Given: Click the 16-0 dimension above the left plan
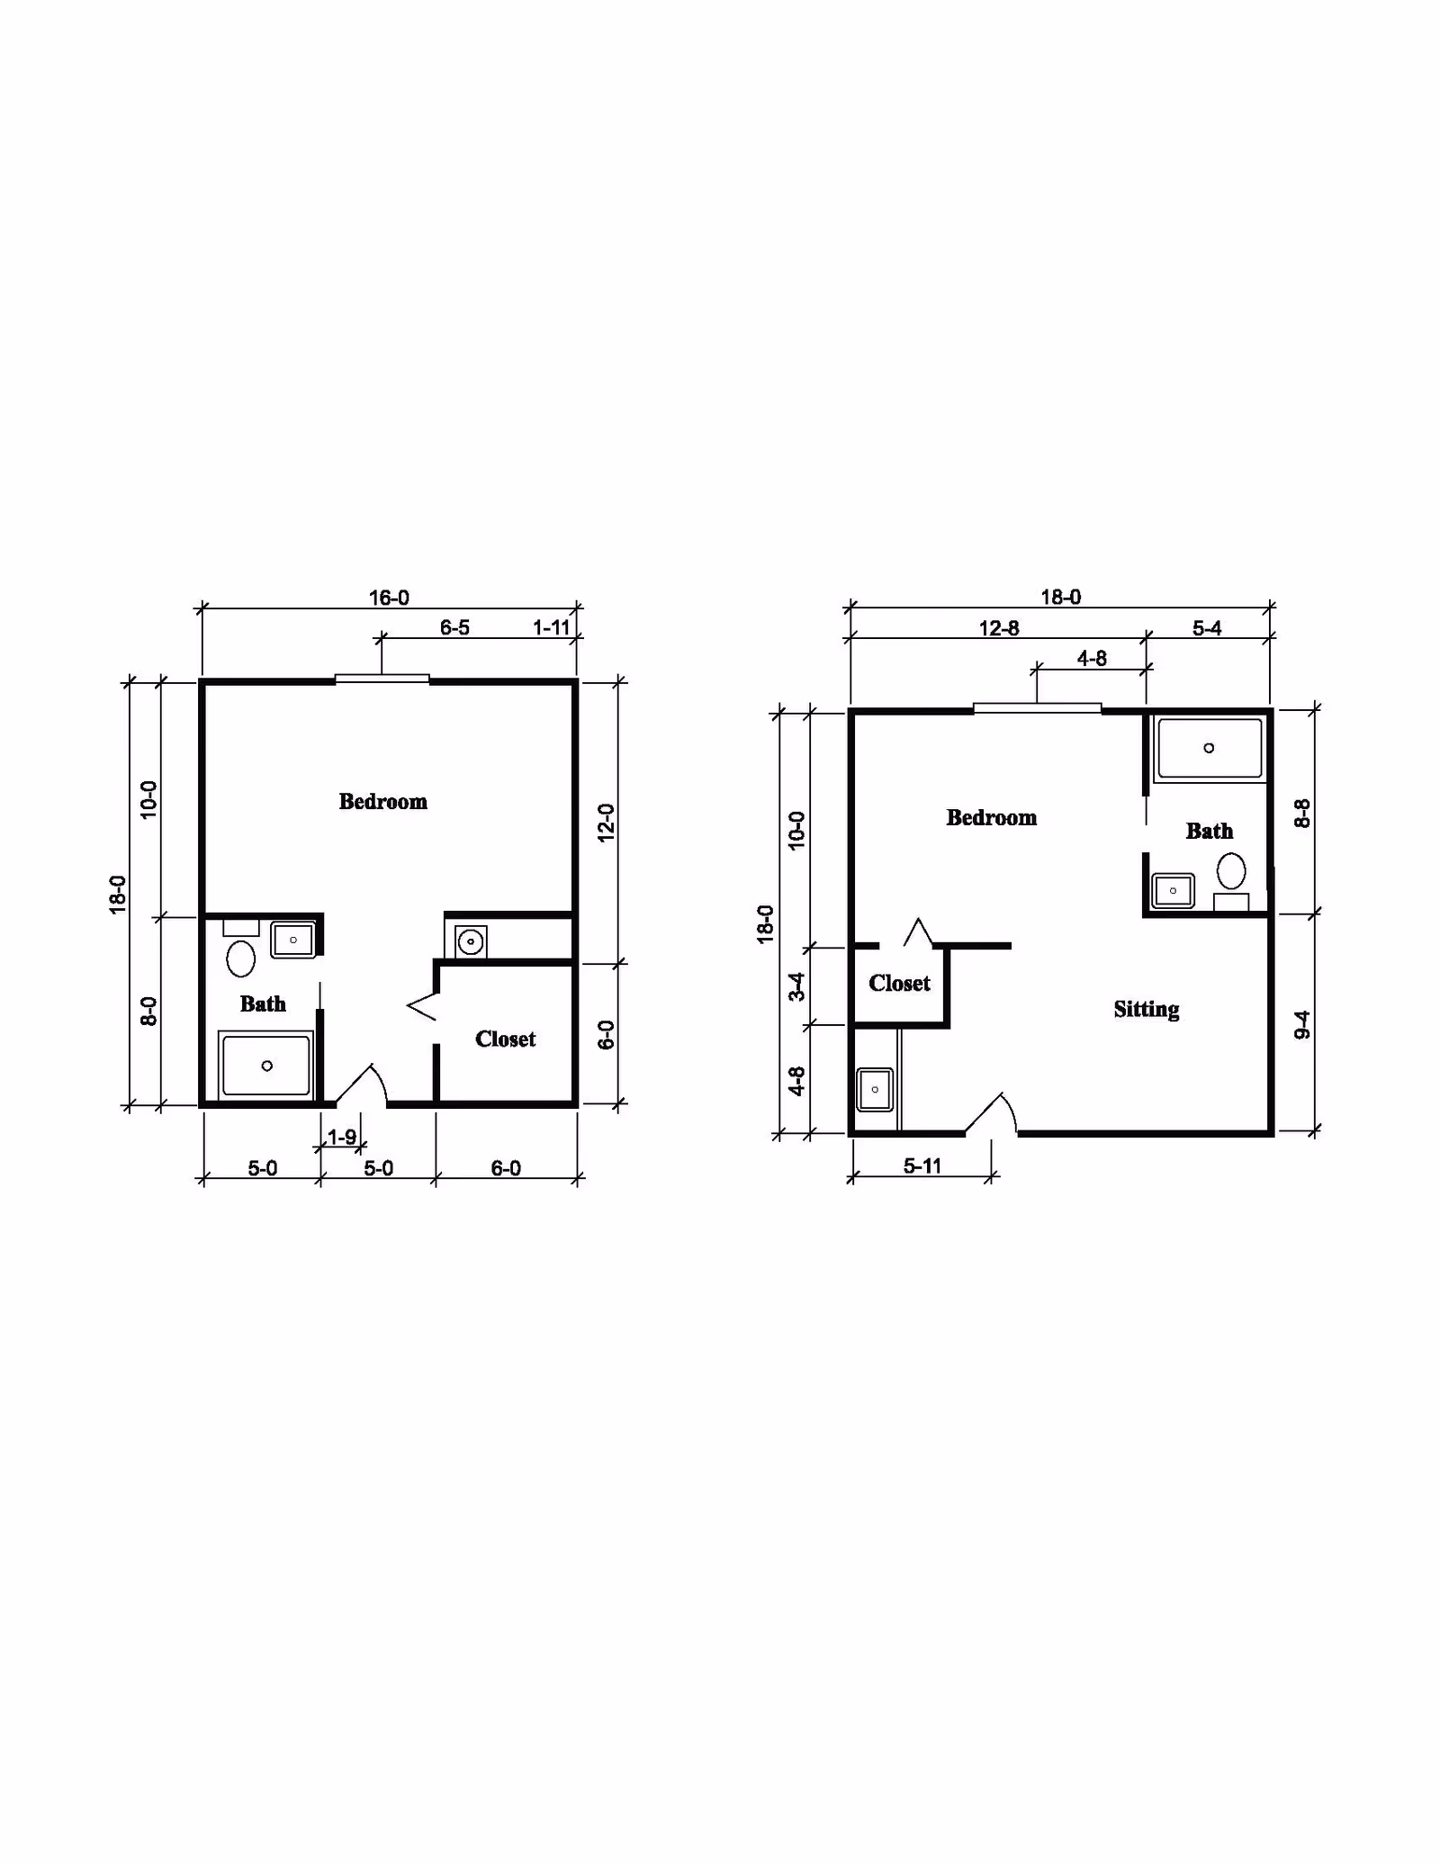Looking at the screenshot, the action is point(389,598).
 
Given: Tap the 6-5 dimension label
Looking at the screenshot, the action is point(454,627).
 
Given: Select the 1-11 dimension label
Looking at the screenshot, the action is point(552,627).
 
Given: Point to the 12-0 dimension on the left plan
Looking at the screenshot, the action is point(606,822).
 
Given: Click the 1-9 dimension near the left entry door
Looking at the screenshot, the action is point(342,1137).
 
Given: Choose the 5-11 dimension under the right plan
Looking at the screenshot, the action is point(922,1165).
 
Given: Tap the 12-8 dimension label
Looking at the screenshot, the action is point(999,628).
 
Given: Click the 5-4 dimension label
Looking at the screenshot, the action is point(1207,628).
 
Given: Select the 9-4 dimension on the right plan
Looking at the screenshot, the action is point(1302,1024).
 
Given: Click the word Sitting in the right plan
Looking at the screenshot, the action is point(1147,1010).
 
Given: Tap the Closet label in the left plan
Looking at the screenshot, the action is point(505,1039).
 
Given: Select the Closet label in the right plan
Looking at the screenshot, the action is point(899,983).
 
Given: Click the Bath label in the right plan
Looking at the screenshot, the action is point(1209,831).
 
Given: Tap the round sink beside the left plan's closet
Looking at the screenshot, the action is point(469,942).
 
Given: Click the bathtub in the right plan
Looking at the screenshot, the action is point(1210,748).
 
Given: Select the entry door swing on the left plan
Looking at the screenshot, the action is point(361,1085).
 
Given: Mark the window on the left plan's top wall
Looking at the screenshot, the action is point(382,679).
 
